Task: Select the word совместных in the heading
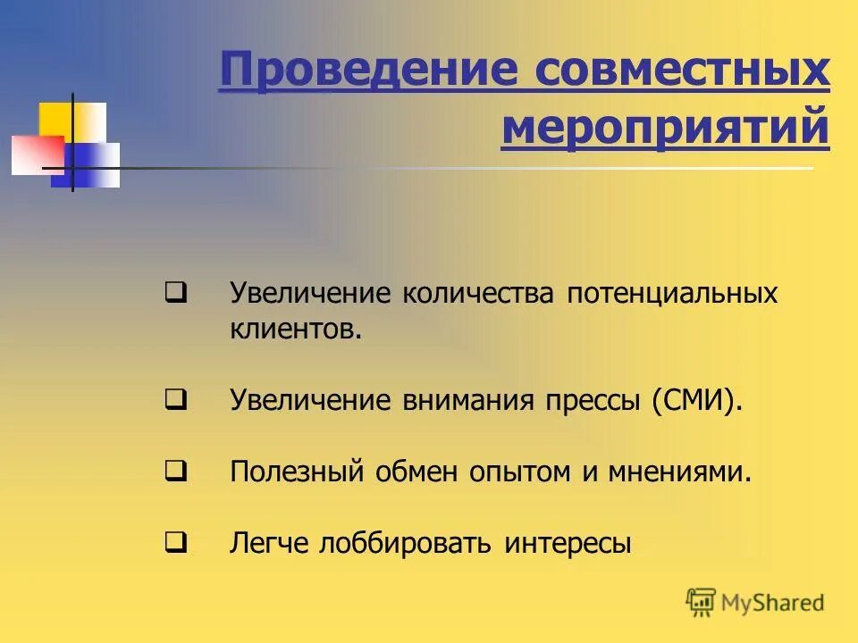click(682, 71)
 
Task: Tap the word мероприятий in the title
click(665, 127)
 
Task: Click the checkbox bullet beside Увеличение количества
click(175, 292)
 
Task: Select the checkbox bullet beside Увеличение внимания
click(175, 400)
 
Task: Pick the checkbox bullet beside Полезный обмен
click(175, 472)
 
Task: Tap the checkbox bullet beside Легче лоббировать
click(175, 541)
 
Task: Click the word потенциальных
click(671, 294)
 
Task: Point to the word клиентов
click(296, 330)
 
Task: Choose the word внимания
click(466, 401)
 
